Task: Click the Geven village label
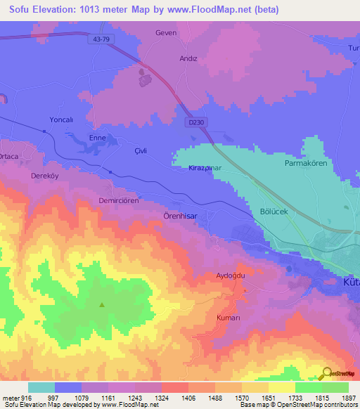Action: [x=166, y=32]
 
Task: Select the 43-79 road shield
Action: [x=101, y=39]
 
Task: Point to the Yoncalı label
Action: [x=61, y=120]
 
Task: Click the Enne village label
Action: [x=97, y=138]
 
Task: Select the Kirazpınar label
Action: [x=206, y=169]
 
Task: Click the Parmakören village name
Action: [x=306, y=163]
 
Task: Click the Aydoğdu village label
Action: [x=230, y=275]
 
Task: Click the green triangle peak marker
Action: [x=102, y=305]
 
